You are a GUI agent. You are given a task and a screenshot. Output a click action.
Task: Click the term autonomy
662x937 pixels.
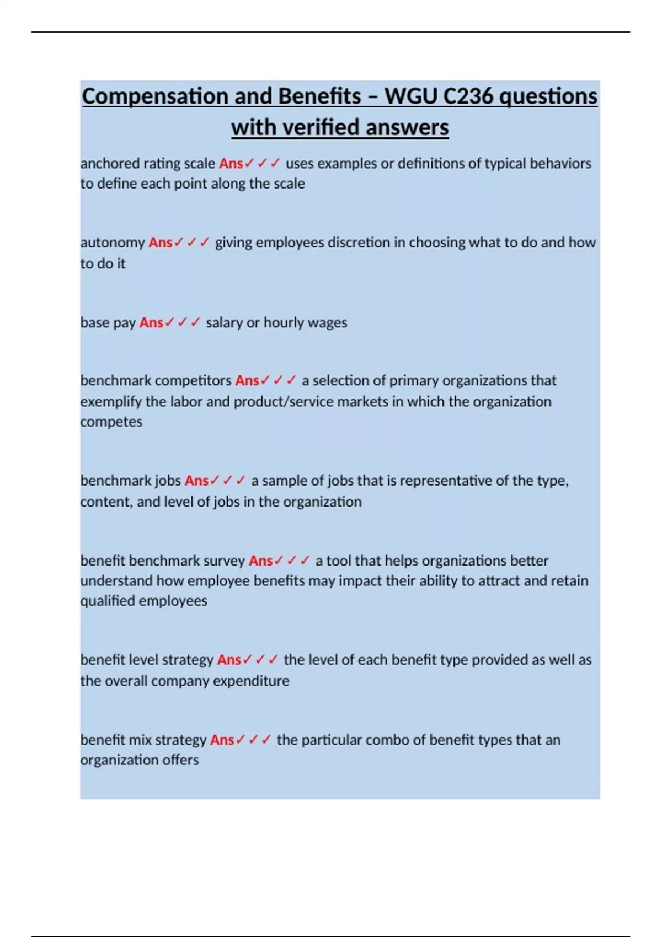(113, 243)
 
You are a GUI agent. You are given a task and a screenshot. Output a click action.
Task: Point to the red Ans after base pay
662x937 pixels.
(151, 322)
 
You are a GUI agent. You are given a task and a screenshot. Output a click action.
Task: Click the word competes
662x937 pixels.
(111, 422)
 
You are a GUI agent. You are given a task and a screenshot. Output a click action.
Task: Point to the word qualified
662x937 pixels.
(108, 601)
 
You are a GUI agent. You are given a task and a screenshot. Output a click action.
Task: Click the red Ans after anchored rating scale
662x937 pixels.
(231, 164)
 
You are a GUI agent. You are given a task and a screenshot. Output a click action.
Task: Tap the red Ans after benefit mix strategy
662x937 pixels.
(222, 740)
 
